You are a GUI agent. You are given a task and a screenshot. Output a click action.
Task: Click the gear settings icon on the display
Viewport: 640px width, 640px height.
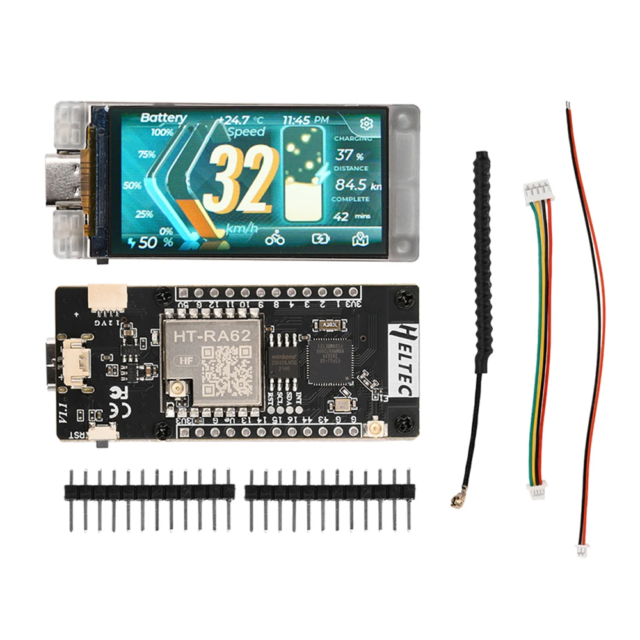367,123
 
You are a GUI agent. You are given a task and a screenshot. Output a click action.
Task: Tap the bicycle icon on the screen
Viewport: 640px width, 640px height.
276,239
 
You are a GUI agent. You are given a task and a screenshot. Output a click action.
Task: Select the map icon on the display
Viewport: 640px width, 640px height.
360,239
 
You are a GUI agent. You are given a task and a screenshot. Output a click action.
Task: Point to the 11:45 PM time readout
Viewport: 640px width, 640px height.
306,119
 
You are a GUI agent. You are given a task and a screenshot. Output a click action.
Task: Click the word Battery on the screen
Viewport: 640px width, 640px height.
163,118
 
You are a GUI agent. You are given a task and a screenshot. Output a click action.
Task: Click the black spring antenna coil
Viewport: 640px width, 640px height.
482,256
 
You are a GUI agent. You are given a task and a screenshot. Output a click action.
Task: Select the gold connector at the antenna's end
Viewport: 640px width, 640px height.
458,501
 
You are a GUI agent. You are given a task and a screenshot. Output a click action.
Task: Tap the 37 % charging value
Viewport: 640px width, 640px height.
349,155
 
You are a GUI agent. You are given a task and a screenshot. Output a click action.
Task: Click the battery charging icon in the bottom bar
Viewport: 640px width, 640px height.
319,239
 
